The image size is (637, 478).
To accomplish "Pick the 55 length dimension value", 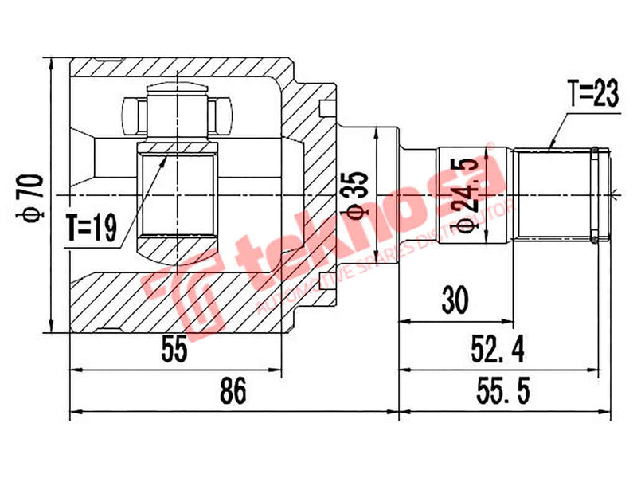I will click(x=174, y=351).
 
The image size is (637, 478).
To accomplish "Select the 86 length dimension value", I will click(x=233, y=391).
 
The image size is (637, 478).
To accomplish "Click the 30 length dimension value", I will click(x=456, y=301).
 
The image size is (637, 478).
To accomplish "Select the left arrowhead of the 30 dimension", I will click(x=403, y=321).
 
